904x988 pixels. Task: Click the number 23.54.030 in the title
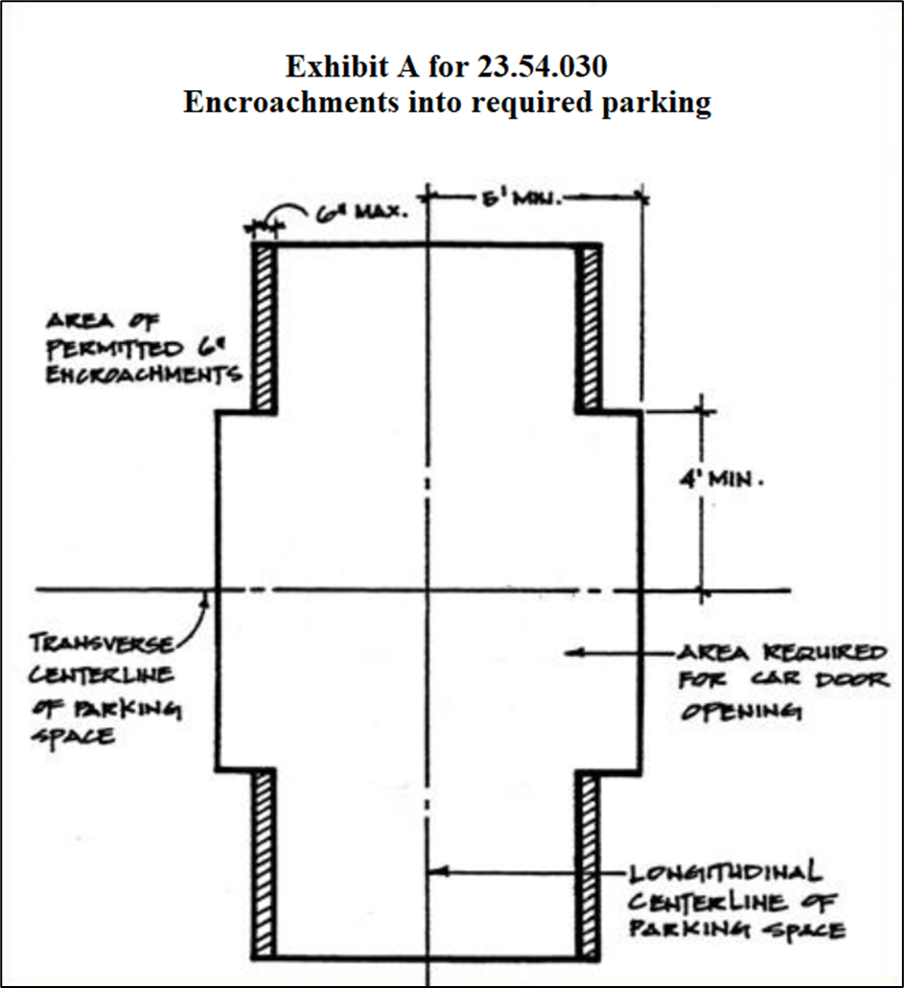click(x=541, y=67)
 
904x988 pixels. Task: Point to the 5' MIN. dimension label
click(x=519, y=199)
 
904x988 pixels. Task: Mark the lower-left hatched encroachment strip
click(x=265, y=862)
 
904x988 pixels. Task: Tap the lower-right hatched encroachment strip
click(x=589, y=862)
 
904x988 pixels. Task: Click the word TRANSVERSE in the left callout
click(x=102, y=642)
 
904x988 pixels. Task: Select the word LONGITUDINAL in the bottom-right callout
click(x=725, y=874)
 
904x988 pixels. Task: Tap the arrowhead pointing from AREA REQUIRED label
click(x=572, y=653)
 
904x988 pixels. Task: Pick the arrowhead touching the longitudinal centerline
click(x=435, y=872)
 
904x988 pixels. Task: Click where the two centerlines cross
click(x=429, y=589)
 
